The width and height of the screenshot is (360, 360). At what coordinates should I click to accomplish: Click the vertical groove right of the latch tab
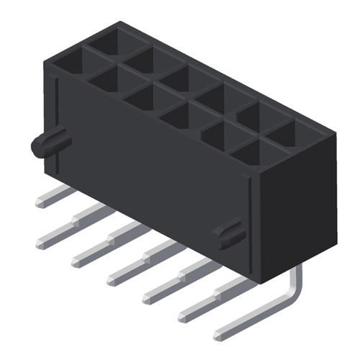click(x=248, y=223)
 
